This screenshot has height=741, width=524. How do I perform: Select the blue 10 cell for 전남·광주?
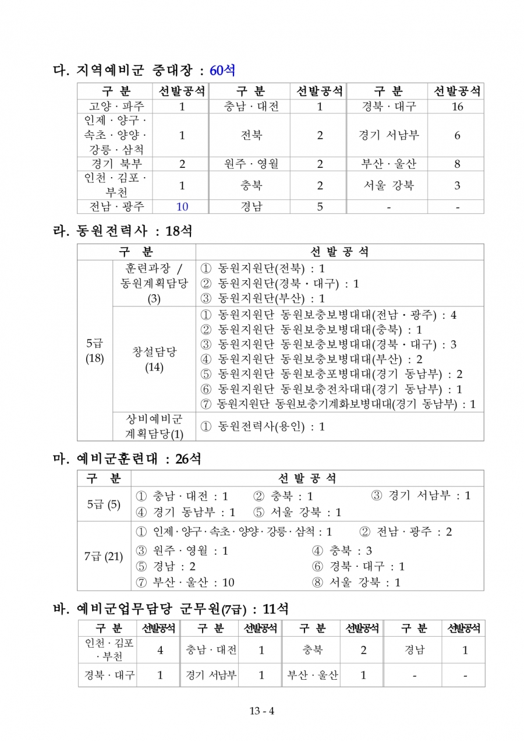[182, 207]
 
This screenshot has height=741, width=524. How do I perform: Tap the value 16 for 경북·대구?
[457, 107]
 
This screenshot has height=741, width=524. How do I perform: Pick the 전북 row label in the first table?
[251, 135]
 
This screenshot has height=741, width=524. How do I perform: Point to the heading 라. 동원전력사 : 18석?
[122, 231]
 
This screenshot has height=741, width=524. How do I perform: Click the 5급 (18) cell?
[94, 351]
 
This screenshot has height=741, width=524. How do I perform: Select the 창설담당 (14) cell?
[154, 359]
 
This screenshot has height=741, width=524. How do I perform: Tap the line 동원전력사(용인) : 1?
[263, 426]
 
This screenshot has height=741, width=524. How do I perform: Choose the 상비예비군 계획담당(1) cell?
[154, 426]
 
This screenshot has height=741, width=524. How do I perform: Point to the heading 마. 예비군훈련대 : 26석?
[127, 459]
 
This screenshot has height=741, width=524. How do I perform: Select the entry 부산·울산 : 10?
[185, 583]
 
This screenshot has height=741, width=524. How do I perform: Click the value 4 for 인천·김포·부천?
[160, 650]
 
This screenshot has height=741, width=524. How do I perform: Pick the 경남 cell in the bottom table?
[414, 650]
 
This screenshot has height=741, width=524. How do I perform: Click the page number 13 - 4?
[262, 711]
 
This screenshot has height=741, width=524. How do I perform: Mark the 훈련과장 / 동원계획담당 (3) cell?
[154, 284]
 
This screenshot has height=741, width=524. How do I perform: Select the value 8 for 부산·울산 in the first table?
[457, 164]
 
